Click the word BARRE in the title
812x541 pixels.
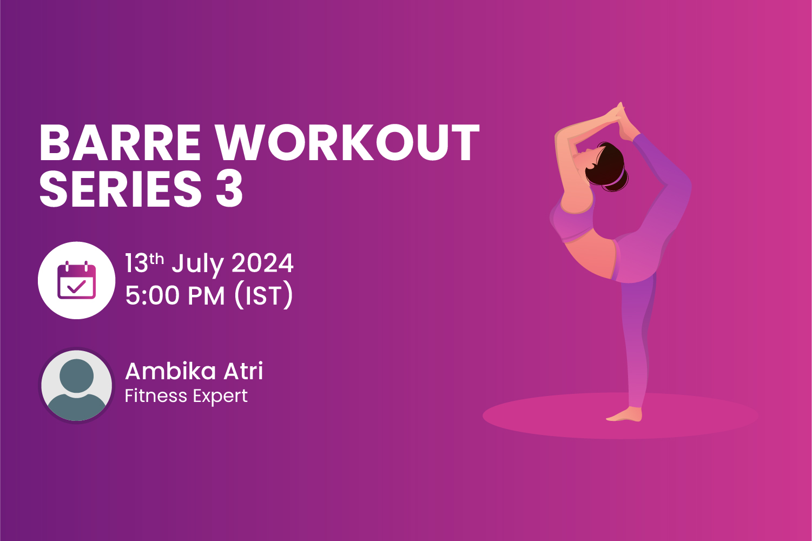point(120,144)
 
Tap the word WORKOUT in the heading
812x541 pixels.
point(348,144)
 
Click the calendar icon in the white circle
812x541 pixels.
point(76,280)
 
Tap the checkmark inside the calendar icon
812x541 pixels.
point(76,286)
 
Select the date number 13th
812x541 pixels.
point(144,263)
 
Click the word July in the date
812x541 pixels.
point(197,264)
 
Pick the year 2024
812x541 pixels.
point(262,263)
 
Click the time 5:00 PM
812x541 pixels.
point(175,296)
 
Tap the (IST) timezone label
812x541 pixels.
point(263,296)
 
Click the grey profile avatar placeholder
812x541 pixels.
point(76,386)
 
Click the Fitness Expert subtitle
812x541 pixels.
point(186,396)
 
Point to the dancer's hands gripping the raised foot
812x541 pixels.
point(617,114)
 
